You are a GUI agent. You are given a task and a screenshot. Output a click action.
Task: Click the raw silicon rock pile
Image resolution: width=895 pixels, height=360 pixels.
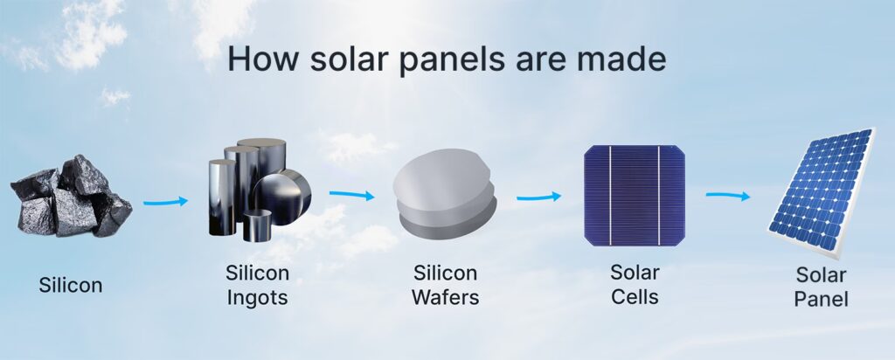click(x=70, y=196)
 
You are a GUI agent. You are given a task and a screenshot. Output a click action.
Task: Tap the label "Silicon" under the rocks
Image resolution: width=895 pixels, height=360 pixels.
click(x=70, y=285)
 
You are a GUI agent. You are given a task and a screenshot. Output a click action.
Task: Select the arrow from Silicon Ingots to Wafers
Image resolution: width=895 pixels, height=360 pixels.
click(x=351, y=195)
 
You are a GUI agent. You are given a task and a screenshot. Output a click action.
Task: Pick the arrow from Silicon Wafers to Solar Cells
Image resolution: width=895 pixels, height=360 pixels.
click(x=538, y=197)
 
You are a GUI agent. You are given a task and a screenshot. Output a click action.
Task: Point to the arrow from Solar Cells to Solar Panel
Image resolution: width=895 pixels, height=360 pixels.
click(x=728, y=195)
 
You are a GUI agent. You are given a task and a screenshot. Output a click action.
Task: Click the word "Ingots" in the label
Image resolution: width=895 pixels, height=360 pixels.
click(x=258, y=297)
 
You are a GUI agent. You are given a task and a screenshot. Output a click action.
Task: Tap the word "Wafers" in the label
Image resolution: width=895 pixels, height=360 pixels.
click(x=447, y=297)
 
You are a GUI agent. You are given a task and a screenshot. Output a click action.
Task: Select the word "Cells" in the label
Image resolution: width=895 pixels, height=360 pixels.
click(x=635, y=296)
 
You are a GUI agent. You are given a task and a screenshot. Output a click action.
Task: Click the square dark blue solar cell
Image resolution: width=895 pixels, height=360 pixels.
click(x=634, y=194)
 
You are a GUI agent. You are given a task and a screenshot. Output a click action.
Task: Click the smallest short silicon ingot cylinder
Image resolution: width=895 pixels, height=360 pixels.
click(x=258, y=225)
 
